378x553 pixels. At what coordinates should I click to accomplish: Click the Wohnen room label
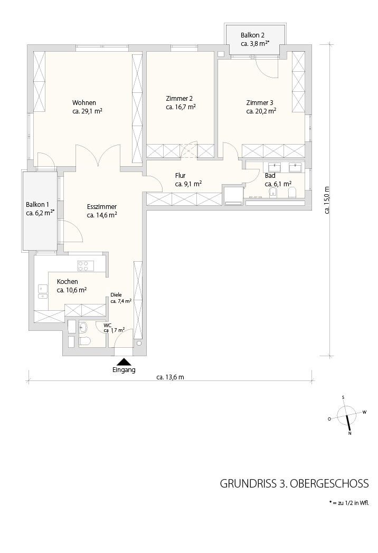[x=84, y=102]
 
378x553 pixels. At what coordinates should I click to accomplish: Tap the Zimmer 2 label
[x=179, y=98]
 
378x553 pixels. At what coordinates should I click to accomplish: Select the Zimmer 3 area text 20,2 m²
[x=266, y=111]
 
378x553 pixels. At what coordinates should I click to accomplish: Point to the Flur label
[x=180, y=175]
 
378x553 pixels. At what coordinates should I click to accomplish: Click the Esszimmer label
[x=102, y=207]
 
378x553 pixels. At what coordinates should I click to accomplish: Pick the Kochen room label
[x=68, y=281]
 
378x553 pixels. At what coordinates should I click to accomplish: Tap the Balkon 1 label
[x=37, y=205]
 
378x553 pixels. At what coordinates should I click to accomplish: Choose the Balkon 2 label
[x=252, y=35]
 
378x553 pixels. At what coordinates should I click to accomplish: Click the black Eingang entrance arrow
[x=124, y=362]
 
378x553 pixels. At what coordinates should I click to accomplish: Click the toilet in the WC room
[x=84, y=341]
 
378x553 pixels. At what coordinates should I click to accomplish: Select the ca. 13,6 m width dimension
[x=170, y=377]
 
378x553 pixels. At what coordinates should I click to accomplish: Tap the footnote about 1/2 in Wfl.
[x=349, y=503]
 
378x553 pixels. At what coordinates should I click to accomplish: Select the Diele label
[x=116, y=295]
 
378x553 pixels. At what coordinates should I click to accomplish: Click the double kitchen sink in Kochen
[x=43, y=292]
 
